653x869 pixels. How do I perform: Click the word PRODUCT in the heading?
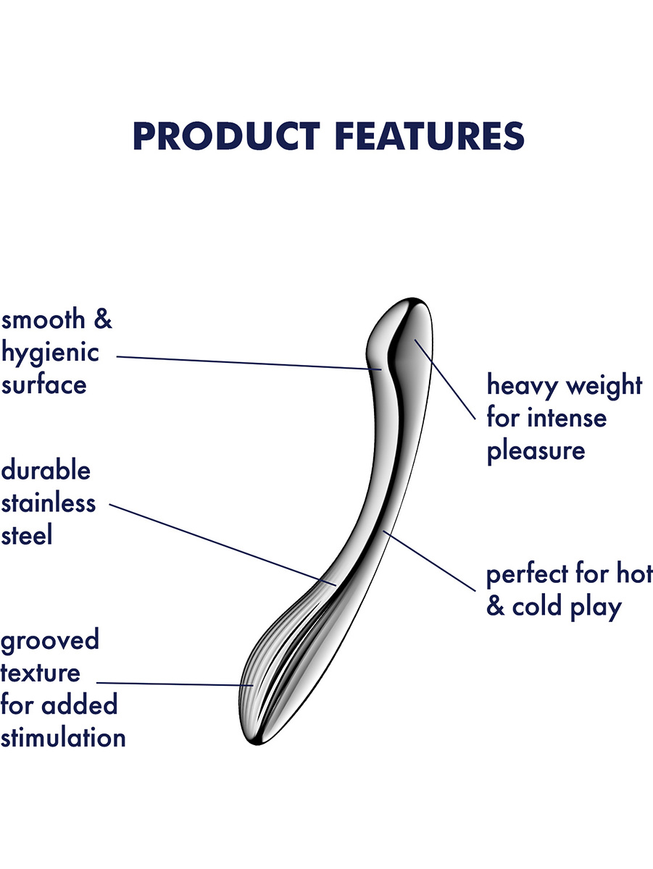click(x=227, y=136)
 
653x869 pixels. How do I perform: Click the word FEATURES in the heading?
click(x=430, y=136)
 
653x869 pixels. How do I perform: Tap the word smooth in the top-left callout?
click(x=43, y=319)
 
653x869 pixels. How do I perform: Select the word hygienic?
click(x=50, y=353)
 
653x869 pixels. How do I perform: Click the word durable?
click(x=46, y=470)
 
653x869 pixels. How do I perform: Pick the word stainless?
click(x=49, y=503)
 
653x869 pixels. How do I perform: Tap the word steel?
click(x=27, y=535)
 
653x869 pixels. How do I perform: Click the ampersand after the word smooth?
click(x=103, y=319)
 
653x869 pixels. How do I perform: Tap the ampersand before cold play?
click(x=495, y=606)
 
